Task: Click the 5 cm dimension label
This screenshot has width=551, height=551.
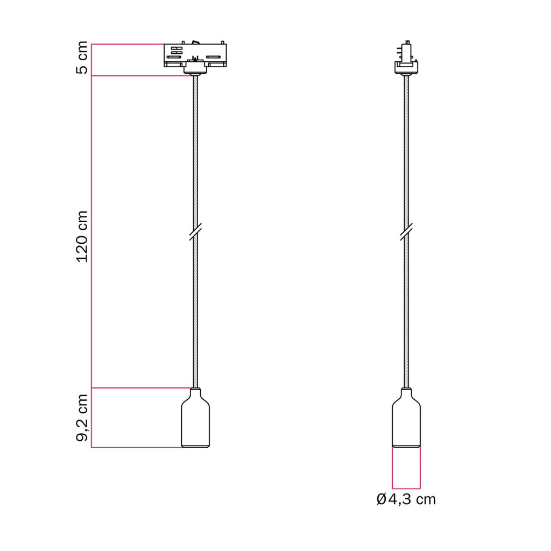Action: (82, 58)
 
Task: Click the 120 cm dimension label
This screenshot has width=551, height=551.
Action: (82, 237)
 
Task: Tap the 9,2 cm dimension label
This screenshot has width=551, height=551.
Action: (82, 418)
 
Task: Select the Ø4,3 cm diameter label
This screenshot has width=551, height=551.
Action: (406, 499)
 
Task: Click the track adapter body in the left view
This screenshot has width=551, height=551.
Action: (195, 55)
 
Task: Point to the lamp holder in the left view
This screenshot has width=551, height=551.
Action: (195, 418)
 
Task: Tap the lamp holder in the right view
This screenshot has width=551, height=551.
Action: (406, 418)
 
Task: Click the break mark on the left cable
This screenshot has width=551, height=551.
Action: (195, 232)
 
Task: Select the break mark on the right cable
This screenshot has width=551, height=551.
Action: (406, 232)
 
